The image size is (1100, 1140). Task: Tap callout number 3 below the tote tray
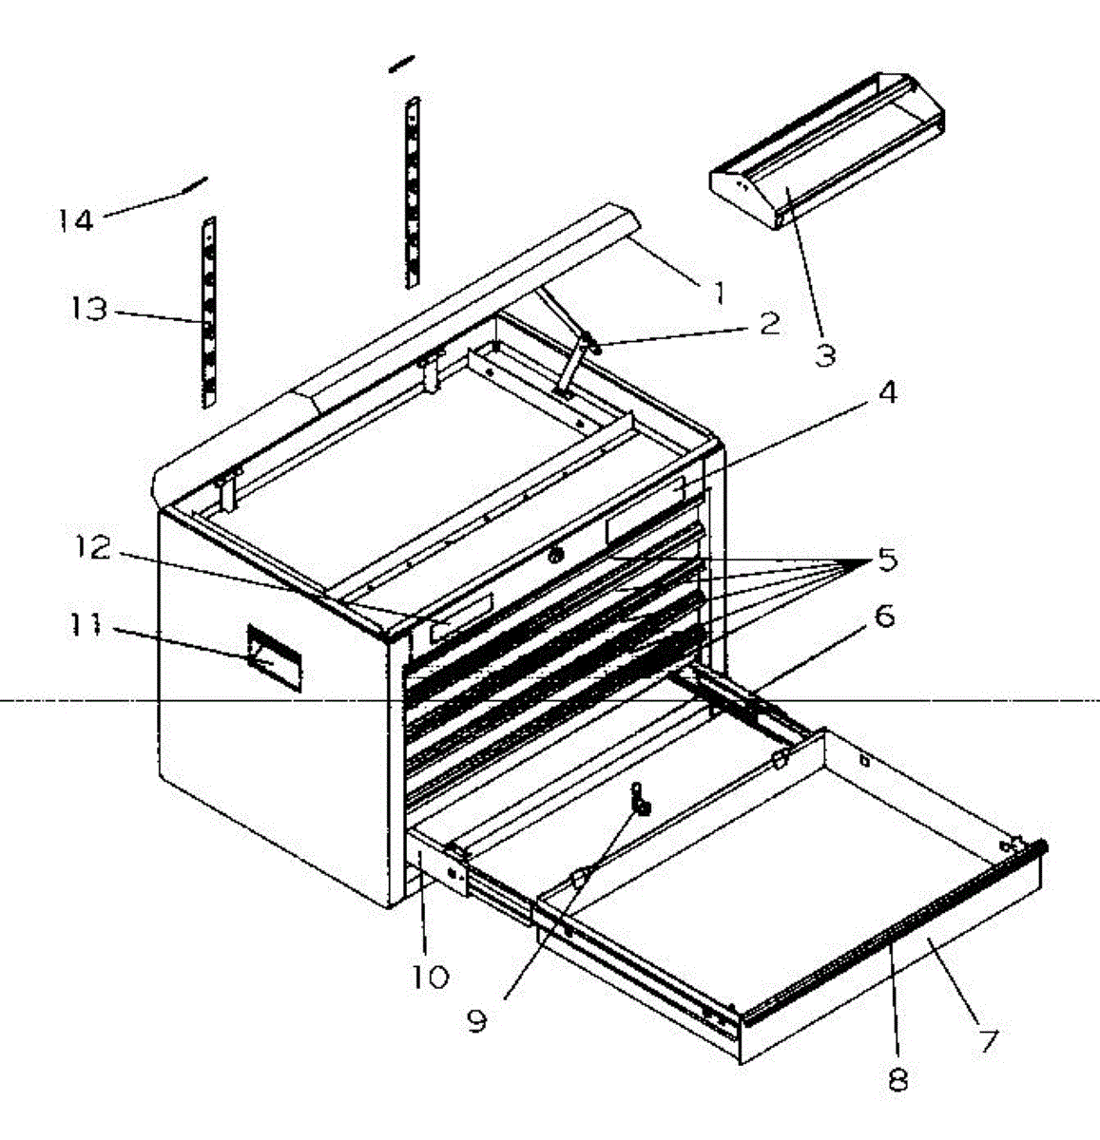[x=825, y=355]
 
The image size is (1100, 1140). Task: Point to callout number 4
[x=887, y=391]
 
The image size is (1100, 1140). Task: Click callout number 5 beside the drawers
[x=887, y=559]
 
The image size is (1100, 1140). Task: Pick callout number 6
[x=884, y=616]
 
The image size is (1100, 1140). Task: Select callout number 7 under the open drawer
[x=988, y=1041]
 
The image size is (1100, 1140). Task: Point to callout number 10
[x=431, y=976]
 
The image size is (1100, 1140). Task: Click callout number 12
[x=91, y=548]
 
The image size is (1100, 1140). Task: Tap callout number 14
[x=76, y=220]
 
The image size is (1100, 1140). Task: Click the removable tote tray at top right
[x=827, y=151]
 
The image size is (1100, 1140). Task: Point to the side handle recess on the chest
[x=274, y=657]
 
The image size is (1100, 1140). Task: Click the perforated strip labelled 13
[x=209, y=313]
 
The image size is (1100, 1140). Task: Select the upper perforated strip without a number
[x=413, y=192]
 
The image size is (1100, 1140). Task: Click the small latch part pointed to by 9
[x=640, y=799]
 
